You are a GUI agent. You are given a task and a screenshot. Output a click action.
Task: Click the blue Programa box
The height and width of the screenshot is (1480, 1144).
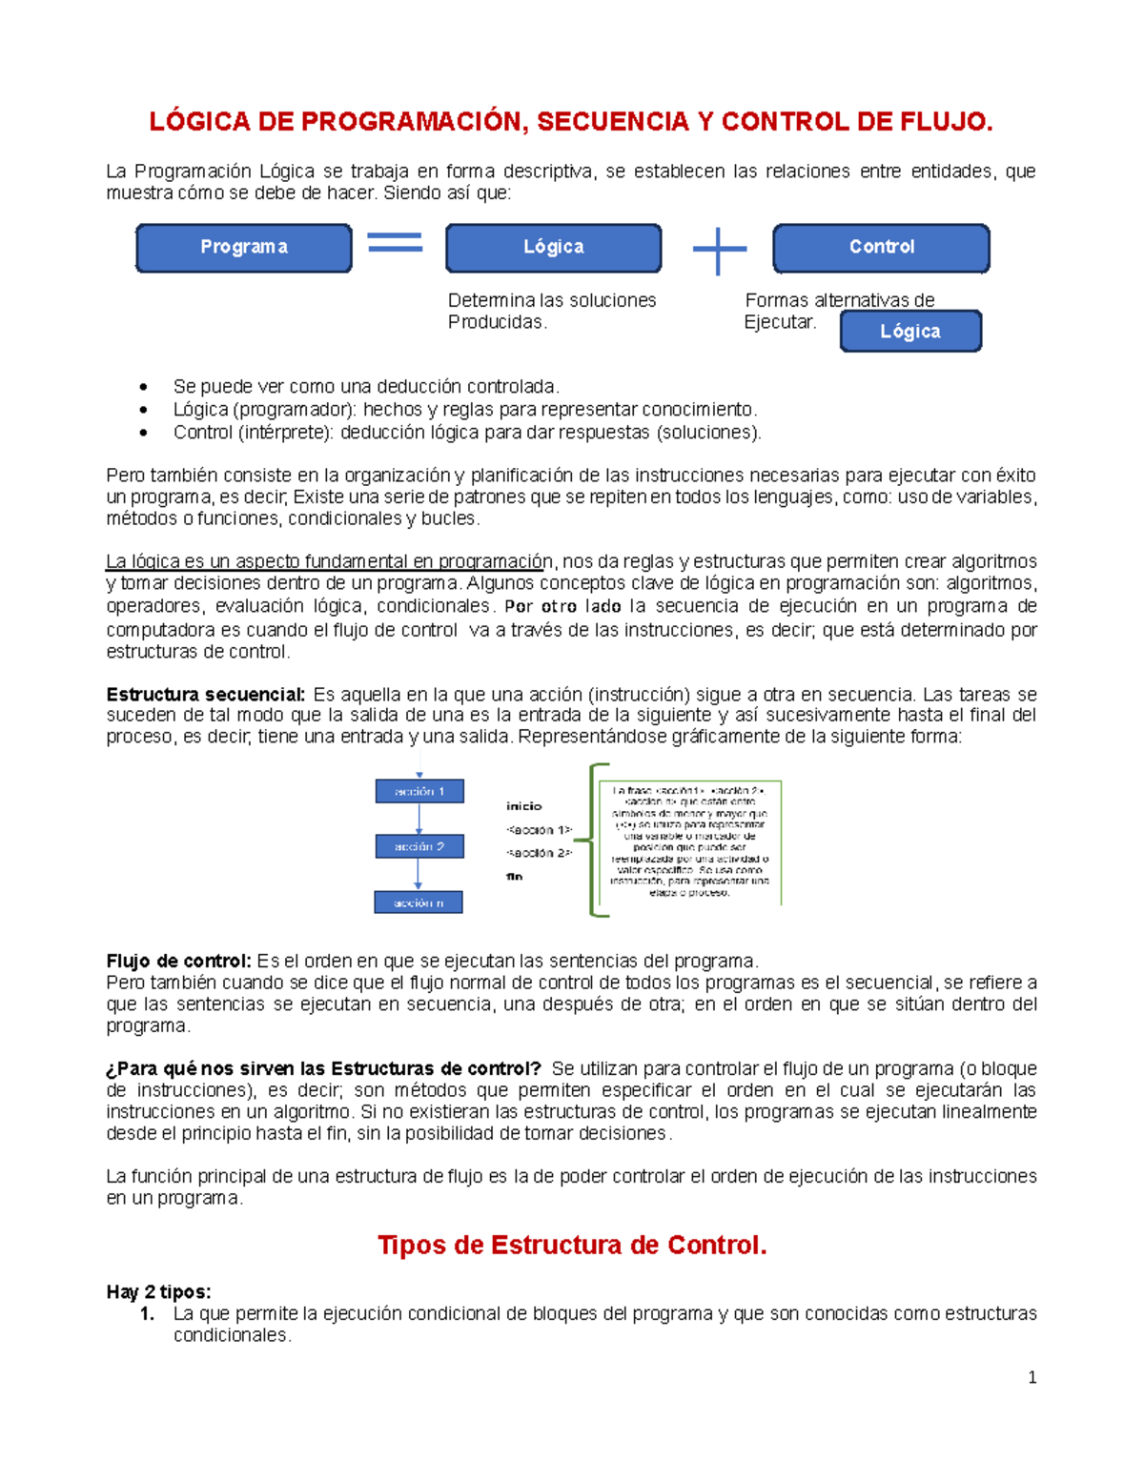coord(244,248)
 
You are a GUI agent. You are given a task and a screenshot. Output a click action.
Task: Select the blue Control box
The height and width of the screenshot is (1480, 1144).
coord(881,248)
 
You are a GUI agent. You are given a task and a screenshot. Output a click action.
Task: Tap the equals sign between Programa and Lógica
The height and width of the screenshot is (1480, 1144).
coord(395,243)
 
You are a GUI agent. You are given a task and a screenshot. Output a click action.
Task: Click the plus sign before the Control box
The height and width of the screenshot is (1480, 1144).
coord(719,251)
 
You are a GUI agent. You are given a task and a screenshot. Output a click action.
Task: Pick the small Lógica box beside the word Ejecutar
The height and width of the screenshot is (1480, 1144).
coord(910,332)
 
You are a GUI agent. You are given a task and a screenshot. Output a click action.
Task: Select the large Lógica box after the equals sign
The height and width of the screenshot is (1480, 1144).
coord(553,248)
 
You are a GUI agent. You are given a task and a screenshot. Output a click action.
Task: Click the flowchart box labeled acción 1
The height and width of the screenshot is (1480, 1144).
coord(419,791)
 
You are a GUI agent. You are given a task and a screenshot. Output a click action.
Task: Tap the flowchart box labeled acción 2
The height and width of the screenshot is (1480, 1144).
coord(419,846)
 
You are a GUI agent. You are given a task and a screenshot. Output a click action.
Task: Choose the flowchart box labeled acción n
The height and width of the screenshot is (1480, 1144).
coord(419,902)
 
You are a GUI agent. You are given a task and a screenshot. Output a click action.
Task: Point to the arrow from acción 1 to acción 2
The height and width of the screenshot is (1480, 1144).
coord(419,819)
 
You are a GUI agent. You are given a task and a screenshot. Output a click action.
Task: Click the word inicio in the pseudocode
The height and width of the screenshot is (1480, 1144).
coord(523,806)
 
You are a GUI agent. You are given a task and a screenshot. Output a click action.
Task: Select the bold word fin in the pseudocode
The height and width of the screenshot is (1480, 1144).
coord(515,877)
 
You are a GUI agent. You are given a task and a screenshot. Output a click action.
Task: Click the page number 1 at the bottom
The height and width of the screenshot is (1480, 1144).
coord(1032,1377)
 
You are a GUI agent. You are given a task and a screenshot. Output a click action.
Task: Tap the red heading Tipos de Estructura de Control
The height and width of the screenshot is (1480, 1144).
coord(572,1246)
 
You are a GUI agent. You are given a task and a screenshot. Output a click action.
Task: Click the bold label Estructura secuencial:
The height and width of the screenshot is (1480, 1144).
coord(206,695)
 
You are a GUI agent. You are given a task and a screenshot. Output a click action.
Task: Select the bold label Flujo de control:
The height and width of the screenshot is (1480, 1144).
coord(178,961)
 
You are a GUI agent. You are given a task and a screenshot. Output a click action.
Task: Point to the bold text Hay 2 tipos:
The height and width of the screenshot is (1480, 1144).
coord(158,1292)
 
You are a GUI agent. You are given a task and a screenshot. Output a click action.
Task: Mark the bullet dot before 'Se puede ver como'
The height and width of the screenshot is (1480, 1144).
coord(144,387)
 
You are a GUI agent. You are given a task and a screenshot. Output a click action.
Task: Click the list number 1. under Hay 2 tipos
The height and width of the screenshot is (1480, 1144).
coord(147,1314)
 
